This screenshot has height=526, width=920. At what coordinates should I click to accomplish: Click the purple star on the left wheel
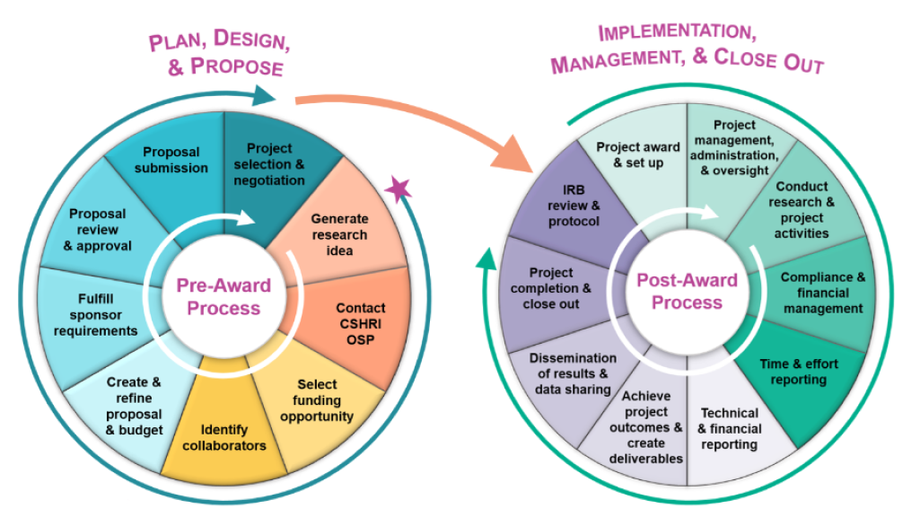tap(399, 188)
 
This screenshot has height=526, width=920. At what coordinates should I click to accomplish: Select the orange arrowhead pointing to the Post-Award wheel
tap(513, 154)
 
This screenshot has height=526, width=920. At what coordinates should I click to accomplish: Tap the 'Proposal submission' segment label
tap(171, 160)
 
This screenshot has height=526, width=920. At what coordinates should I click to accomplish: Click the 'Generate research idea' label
tap(339, 234)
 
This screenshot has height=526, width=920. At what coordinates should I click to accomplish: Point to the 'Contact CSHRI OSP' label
tap(360, 323)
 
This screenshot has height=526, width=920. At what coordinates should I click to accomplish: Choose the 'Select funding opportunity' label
tap(317, 400)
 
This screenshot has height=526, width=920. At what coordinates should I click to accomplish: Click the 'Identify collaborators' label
tap(224, 437)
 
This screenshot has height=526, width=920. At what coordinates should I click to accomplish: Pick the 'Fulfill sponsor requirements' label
tap(96, 315)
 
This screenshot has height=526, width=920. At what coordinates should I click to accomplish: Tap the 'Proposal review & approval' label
tap(98, 230)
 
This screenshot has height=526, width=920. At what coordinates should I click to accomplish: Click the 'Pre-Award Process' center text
tap(223, 296)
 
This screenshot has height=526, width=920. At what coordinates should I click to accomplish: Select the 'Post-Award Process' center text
tap(687, 291)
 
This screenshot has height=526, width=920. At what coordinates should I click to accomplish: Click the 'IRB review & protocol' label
tap(574, 206)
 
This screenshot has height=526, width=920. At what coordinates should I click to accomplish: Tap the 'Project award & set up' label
tap(638, 154)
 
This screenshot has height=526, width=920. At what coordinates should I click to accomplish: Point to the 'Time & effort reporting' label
tap(799, 372)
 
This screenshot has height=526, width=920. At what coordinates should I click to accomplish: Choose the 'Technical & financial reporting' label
tap(730, 428)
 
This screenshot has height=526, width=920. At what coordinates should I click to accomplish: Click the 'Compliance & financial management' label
tap(822, 293)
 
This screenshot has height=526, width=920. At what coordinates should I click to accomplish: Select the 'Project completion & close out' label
tap(551, 288)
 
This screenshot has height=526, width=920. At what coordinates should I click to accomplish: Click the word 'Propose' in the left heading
tap(237, 67)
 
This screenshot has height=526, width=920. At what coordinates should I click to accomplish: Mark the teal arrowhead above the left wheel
tap(265, 96)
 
